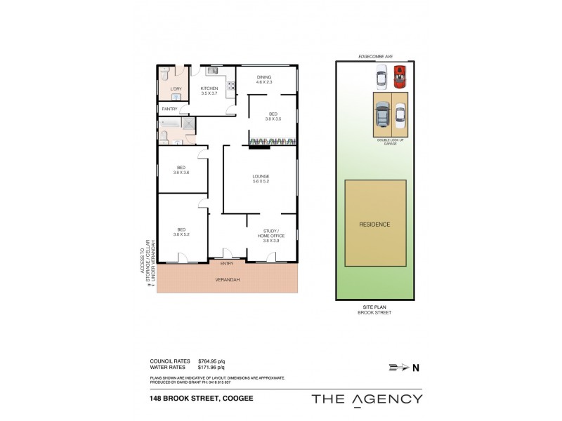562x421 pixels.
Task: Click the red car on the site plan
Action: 400,76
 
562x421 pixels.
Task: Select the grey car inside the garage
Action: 381,114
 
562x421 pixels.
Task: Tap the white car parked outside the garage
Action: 381,76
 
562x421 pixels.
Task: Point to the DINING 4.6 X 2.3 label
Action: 263,79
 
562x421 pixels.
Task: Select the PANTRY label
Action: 169,109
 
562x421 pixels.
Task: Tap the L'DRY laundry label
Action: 176,88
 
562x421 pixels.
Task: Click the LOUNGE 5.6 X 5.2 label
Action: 261,178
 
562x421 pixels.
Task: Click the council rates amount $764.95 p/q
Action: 211,361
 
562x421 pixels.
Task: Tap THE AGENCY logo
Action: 367,399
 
